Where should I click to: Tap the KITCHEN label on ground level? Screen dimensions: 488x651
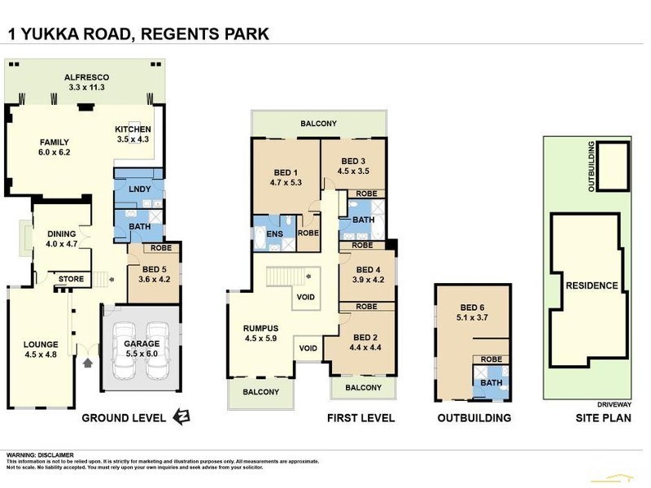[x=133, y=130]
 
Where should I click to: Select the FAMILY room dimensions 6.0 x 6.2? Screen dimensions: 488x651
[x=55, y=152]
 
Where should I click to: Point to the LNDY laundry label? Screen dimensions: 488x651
[x=138, y=189]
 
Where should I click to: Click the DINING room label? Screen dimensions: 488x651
[x=60, y=233]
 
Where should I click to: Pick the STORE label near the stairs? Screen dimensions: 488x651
[x=71, y=280]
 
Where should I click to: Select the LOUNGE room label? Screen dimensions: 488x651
[x=41, y=343]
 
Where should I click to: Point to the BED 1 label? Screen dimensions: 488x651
[x=285, y=172]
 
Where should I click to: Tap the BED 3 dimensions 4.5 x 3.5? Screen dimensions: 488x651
[x=355, y=171]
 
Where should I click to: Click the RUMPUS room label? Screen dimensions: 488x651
[x=260, y=329]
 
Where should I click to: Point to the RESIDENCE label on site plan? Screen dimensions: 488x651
[x=592, y=285]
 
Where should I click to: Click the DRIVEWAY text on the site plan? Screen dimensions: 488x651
[x=621, y=400]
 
